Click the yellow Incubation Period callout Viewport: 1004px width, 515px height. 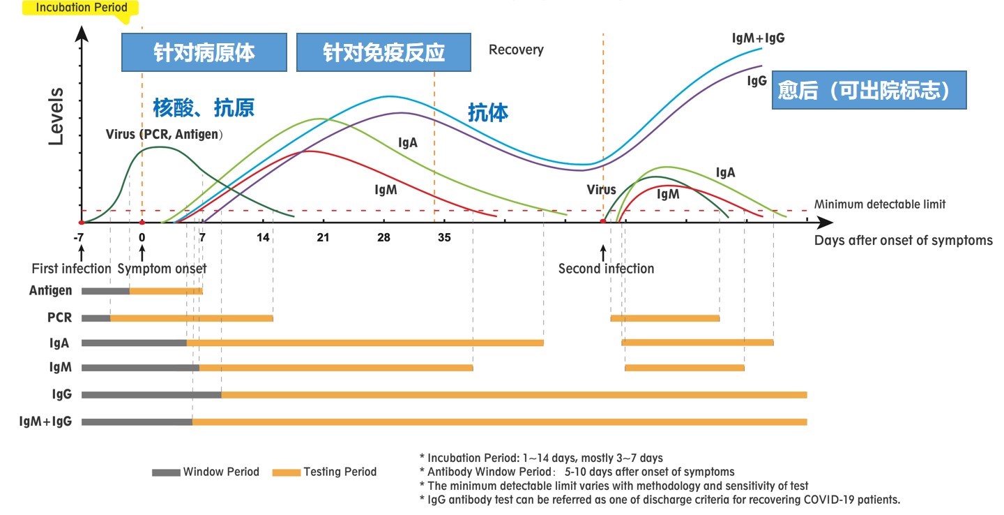(81, 8)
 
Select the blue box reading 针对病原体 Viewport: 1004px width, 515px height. (204, 52)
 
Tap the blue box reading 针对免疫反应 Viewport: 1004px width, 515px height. (383, 52)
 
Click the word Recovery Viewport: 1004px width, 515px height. (516, 50)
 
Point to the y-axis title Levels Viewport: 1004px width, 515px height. (56, 116)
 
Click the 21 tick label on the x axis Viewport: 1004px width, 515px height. (324, 237)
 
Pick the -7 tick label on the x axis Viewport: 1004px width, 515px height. (79, 237)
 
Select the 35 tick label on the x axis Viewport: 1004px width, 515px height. (444, 237)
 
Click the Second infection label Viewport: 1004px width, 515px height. (606, 269)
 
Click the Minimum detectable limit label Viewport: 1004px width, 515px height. (880, 204)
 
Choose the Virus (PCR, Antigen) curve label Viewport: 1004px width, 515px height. (164, 134)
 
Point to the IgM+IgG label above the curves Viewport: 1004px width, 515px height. (759, 38)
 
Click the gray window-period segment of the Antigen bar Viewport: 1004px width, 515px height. (106, 291)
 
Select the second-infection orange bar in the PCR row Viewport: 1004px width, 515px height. (665, 318)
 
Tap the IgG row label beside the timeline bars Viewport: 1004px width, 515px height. (62, 394)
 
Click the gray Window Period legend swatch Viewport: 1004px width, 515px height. (166, 473)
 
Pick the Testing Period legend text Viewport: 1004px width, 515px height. (340, 472)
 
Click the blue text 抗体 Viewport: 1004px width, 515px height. (488, 112)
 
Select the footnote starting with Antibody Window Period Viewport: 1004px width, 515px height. (577, 472)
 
